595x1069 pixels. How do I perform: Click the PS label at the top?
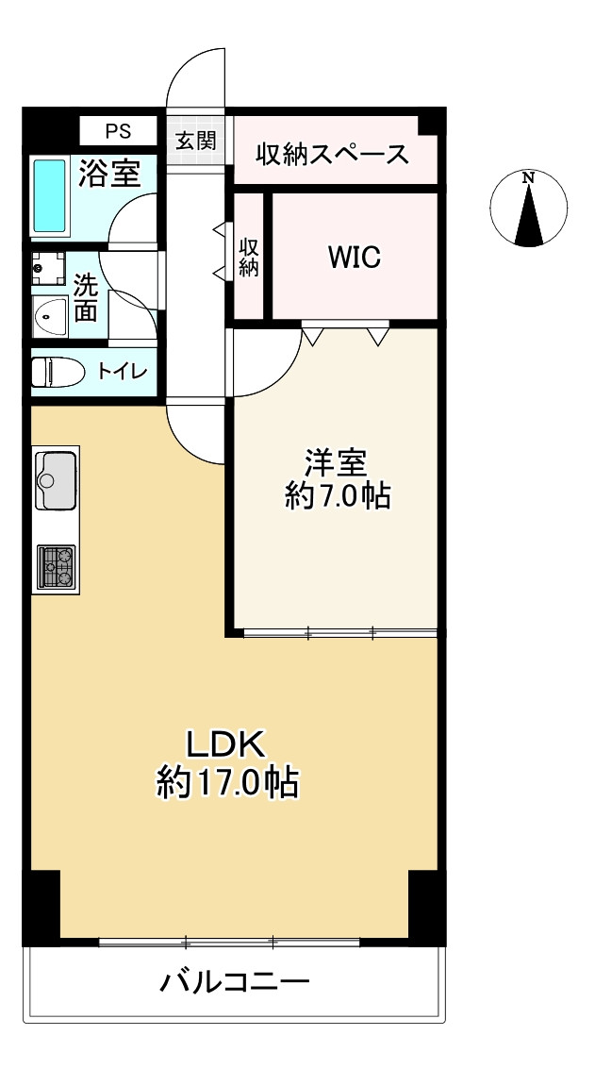coord(119,130)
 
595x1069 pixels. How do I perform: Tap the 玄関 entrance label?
coord(196,142)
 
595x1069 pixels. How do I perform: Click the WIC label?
coord(355,258)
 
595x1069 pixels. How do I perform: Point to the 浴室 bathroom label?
coord(109,174)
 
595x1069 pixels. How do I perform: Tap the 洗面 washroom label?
coord(85,298)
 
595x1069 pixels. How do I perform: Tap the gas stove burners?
coord(56,565)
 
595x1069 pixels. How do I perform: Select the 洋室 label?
coord(335,464)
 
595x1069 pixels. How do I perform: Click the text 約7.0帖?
coord(338,497)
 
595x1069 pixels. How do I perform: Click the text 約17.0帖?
coord(227,783)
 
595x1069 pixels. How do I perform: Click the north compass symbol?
coord(529,209)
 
